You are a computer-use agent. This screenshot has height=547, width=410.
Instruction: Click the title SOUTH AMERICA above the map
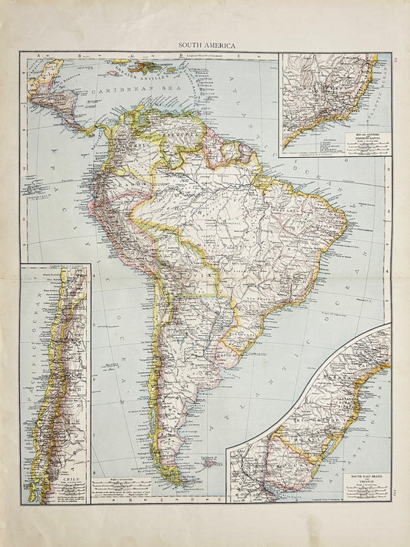[205, 45]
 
